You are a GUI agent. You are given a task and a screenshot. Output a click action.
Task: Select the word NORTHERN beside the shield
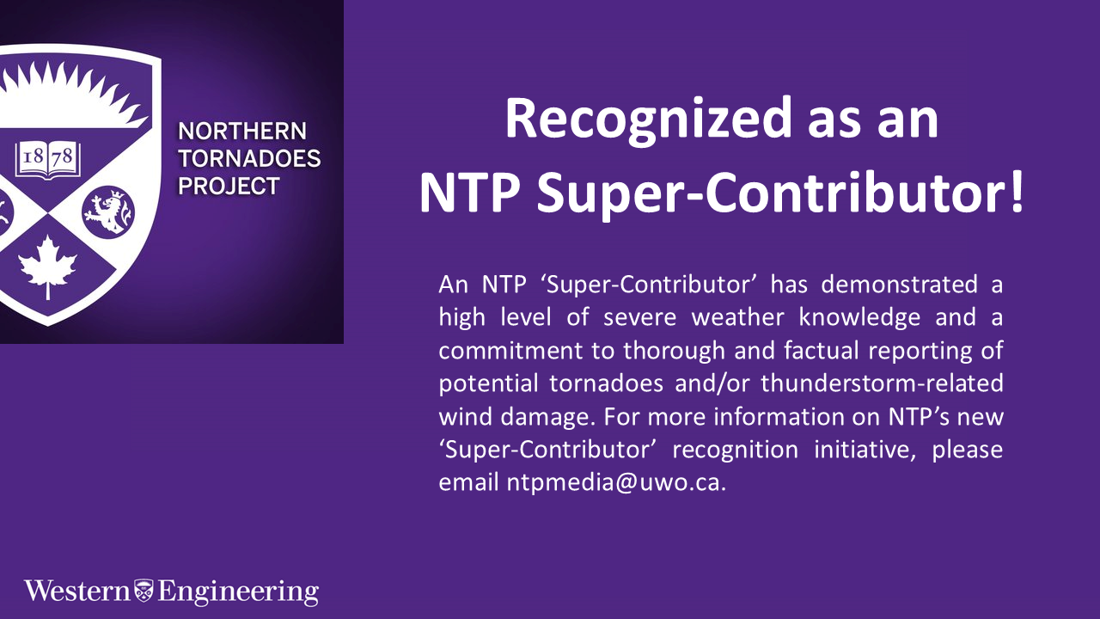pos(241,132)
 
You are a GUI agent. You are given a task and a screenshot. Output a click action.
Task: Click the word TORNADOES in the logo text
pos(249,159)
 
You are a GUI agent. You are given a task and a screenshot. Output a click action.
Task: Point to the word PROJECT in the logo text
pos(229,186)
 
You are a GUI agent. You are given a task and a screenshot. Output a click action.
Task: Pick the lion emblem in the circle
pos(108,211)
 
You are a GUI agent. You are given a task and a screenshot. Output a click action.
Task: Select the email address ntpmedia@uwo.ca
pos(583,482)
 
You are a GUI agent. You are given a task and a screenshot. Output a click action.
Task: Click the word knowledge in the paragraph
pos(859,317)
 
